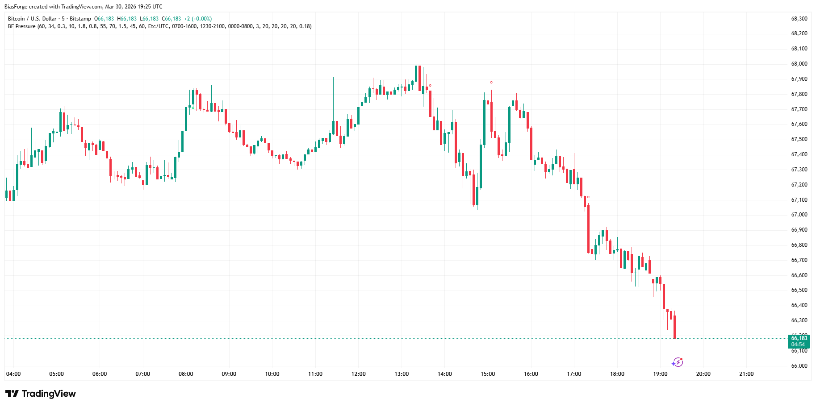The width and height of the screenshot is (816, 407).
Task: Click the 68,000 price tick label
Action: (799, 64)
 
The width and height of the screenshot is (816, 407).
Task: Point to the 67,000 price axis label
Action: (799, 215)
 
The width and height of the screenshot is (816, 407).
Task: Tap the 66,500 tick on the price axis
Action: (799, 290)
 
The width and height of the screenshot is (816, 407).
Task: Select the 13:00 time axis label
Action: (402, 374)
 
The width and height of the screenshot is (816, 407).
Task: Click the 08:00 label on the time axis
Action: (186, 374)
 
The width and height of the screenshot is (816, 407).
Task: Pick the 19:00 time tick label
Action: (660, 374)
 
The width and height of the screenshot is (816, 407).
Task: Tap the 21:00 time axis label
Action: (746, 374)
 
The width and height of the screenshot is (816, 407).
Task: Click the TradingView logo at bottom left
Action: (41, 394)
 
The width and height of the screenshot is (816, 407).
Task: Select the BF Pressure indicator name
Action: (21, 26)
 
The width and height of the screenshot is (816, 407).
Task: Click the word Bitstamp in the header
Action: (80, 19)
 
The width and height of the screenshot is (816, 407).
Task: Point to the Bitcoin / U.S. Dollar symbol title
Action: (32, 19)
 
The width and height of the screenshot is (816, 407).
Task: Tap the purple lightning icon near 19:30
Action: (678, 362)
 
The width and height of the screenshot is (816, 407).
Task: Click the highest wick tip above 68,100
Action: (416, 48)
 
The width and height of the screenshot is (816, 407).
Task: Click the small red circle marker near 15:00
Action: (491, 83)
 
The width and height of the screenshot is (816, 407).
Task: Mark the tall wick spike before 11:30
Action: (333, 78)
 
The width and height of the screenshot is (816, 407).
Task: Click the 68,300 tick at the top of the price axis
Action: (799, 19)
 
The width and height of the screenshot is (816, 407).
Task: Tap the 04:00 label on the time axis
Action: (13, 374)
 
